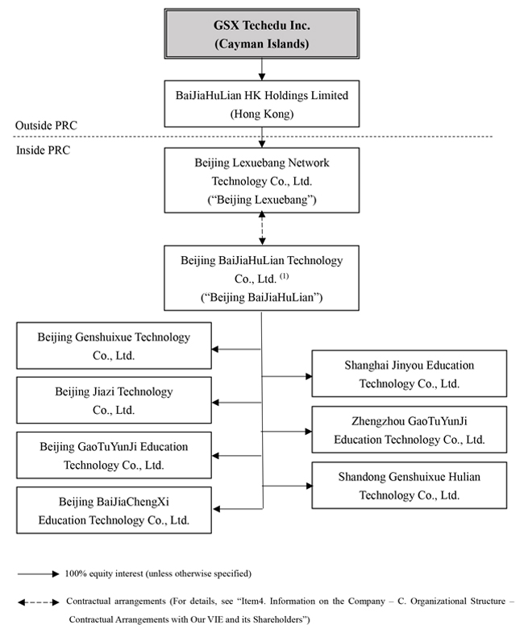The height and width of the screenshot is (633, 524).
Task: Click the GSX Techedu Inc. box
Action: point(262,34)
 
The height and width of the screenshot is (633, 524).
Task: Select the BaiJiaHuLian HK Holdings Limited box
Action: point(262,104)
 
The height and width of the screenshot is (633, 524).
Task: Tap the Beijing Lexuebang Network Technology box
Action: point(262,180)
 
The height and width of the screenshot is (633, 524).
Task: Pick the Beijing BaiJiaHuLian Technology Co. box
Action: point(261,278)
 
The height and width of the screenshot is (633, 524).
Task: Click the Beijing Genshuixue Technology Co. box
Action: point(114,345)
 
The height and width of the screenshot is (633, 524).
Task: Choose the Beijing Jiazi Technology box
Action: point(114,400)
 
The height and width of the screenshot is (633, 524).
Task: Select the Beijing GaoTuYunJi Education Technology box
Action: point(114,455)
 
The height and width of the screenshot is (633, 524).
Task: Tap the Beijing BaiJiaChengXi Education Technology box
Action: point(114,511)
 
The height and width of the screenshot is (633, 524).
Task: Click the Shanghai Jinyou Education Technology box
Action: point(410,374)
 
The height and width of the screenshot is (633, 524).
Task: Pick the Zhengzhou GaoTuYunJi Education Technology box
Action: point(410,429)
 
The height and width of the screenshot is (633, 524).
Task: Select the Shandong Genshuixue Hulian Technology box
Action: point(410,486)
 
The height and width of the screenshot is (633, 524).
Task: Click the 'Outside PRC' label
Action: point(46,126)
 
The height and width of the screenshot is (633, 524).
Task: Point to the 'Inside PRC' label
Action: point(43,150)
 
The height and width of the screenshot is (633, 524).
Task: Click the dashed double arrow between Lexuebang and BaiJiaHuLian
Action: point(262,229)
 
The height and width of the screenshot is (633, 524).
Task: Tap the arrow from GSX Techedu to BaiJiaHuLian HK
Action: point(262,69)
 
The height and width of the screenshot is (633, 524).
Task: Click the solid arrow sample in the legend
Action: point(39,574)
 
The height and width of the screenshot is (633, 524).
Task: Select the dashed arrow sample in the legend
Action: point(39,602)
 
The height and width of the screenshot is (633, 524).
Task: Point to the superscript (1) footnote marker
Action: point(285,276)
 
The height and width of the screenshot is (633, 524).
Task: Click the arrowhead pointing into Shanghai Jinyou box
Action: point(309,376)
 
